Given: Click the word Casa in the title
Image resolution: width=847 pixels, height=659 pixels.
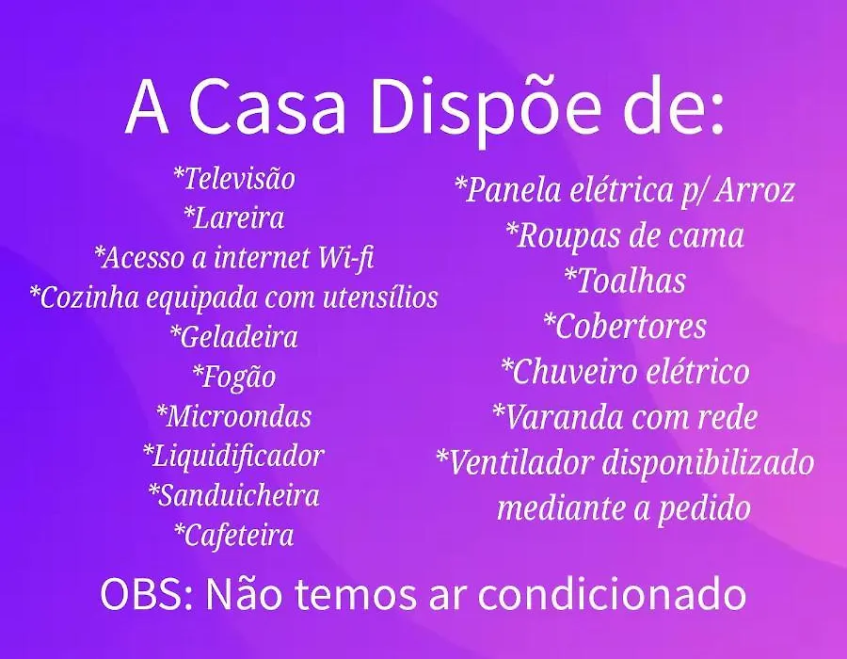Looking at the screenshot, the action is coord(267,107).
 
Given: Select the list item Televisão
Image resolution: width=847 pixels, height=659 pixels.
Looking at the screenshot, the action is coord(234,179).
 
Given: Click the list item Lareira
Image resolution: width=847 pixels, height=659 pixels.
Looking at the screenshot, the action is coord(234,217).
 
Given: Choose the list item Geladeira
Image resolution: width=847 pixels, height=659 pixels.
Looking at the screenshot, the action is coord(234,336).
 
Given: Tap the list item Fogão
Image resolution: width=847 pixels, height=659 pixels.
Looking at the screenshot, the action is coord(234,377).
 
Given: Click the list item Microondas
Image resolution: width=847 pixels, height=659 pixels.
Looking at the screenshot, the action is coord(234,416).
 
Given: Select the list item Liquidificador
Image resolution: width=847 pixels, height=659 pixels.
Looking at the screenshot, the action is coord(233,456).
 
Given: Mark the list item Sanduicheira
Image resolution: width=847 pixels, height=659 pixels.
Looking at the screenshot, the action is coord(234,495).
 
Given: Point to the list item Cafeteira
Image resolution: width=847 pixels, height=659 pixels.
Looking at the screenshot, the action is coord(234,536).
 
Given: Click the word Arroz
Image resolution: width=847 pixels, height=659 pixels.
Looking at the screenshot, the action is coord(755,190).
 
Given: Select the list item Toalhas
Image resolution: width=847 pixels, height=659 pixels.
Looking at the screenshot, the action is coord(625,281).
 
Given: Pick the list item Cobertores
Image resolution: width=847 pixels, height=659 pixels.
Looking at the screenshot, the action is coord(625,327).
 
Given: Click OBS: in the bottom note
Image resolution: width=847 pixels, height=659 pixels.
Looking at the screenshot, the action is coord(147,594).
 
